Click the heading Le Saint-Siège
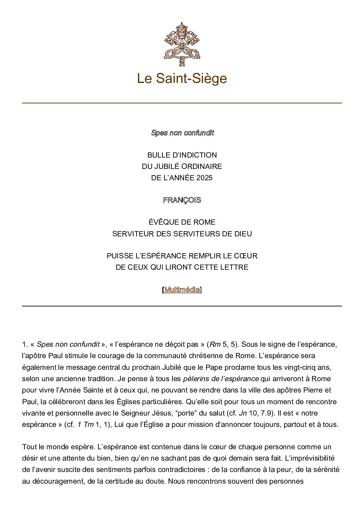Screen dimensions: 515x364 tap(182, 78)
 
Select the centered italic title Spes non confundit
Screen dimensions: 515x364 tap(182, 133)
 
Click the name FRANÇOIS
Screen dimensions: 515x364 tap(182, 200)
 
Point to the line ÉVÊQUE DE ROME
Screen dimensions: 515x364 tap(182, 222)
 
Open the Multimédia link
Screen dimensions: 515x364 tap(182, 290)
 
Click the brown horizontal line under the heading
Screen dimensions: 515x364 tap(182, 103)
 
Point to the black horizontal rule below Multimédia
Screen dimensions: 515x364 tap(182, 306)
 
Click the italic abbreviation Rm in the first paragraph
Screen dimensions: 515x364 tap(215, 344)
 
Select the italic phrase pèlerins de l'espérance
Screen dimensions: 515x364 tap(221, 379)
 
